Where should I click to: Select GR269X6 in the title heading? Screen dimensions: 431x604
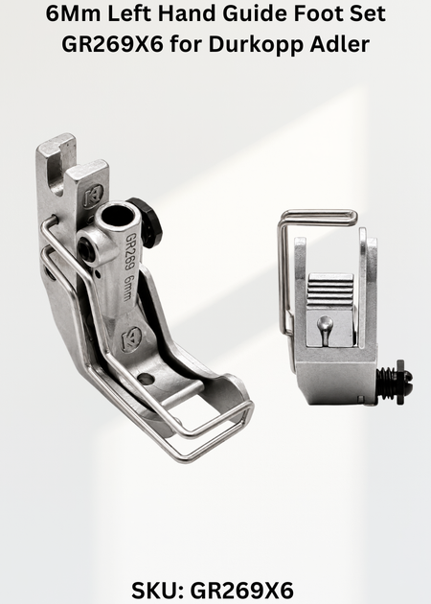tap(112, 44)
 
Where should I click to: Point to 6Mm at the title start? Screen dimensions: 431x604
tap(73, 13)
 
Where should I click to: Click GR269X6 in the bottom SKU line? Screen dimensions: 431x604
tap(241, 590)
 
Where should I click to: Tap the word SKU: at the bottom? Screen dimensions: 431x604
tap(158, 590)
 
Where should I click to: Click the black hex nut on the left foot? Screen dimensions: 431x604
tap(148, 221)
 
